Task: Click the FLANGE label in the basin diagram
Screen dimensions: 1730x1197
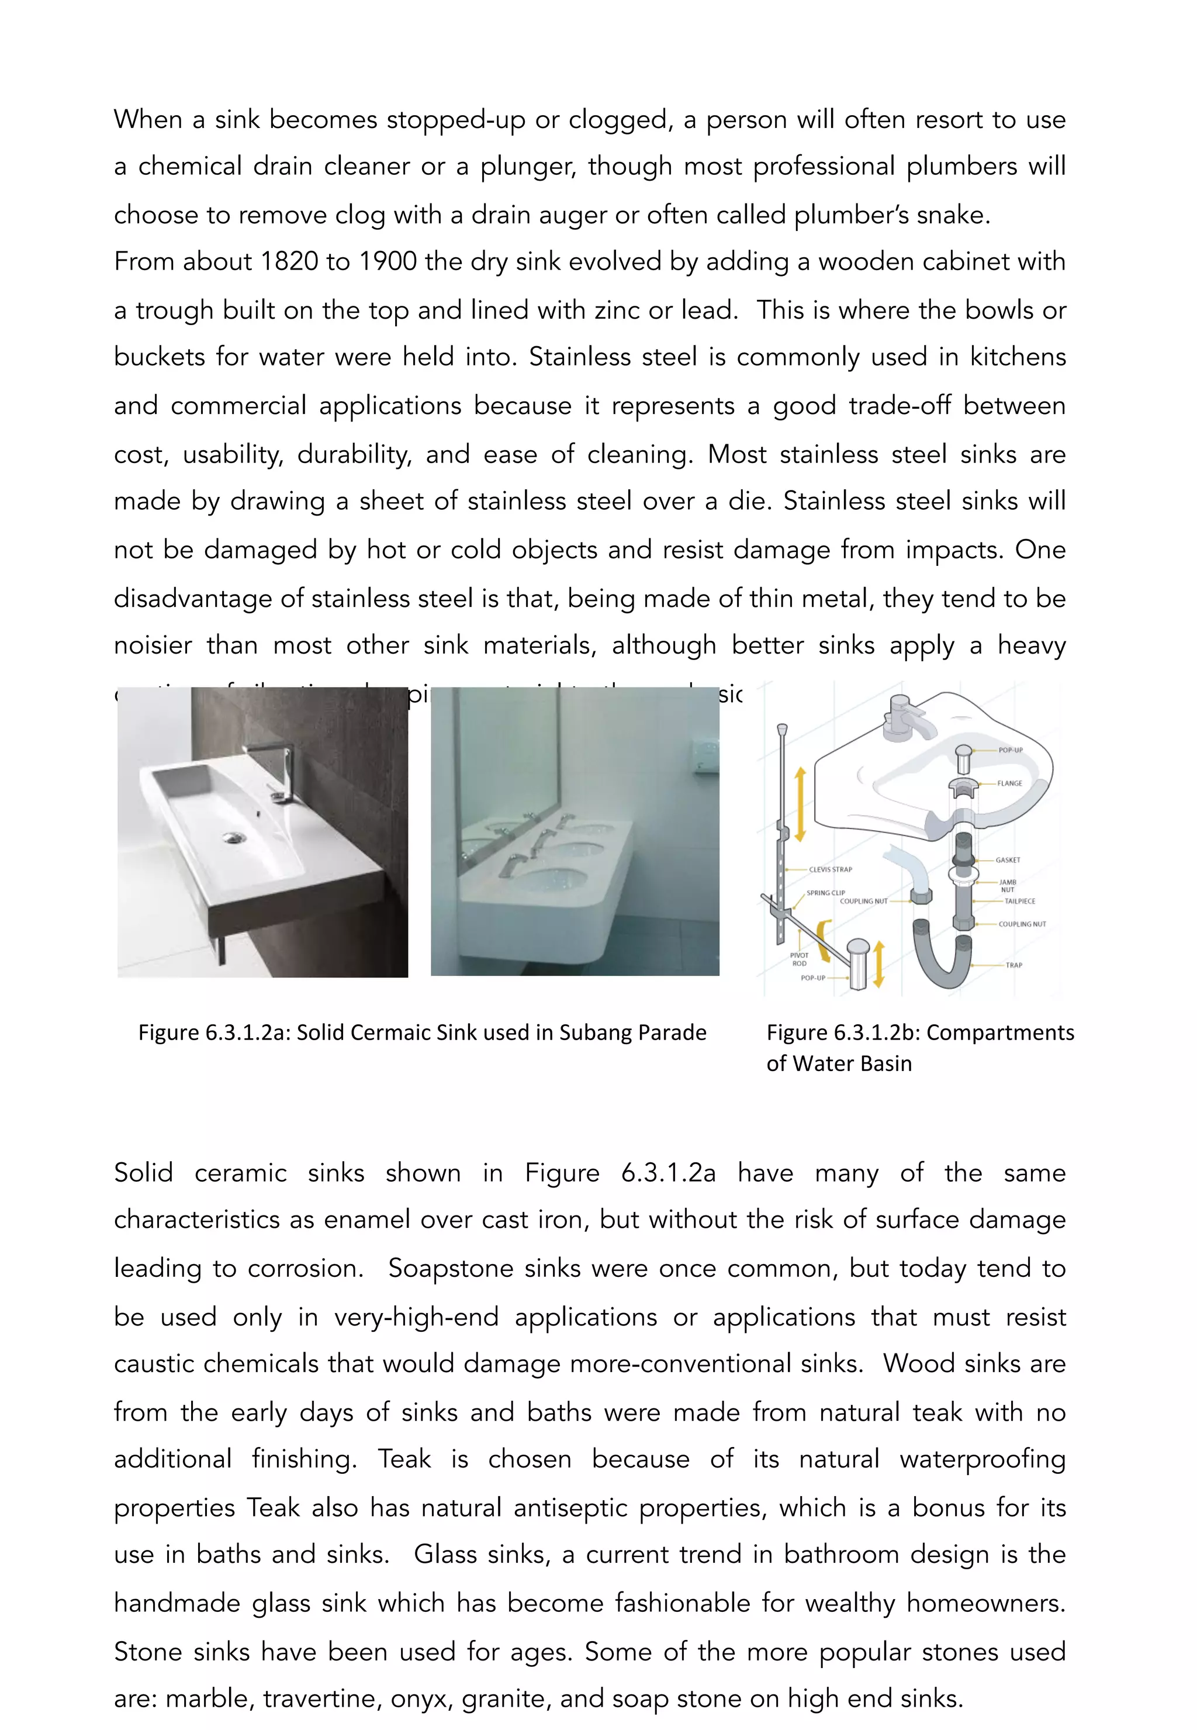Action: tap(1009, 783)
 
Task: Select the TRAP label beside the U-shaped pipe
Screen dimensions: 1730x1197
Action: tap(1013, 965)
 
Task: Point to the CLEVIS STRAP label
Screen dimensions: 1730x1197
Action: tap(831, 869)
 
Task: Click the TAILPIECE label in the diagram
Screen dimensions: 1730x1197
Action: tap(1019, 901)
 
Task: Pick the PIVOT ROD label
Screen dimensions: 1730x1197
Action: tap(799, 959)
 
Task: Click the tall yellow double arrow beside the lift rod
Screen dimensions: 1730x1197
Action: tap(800, 803)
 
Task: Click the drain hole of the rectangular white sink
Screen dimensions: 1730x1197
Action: tap(234, 837)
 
